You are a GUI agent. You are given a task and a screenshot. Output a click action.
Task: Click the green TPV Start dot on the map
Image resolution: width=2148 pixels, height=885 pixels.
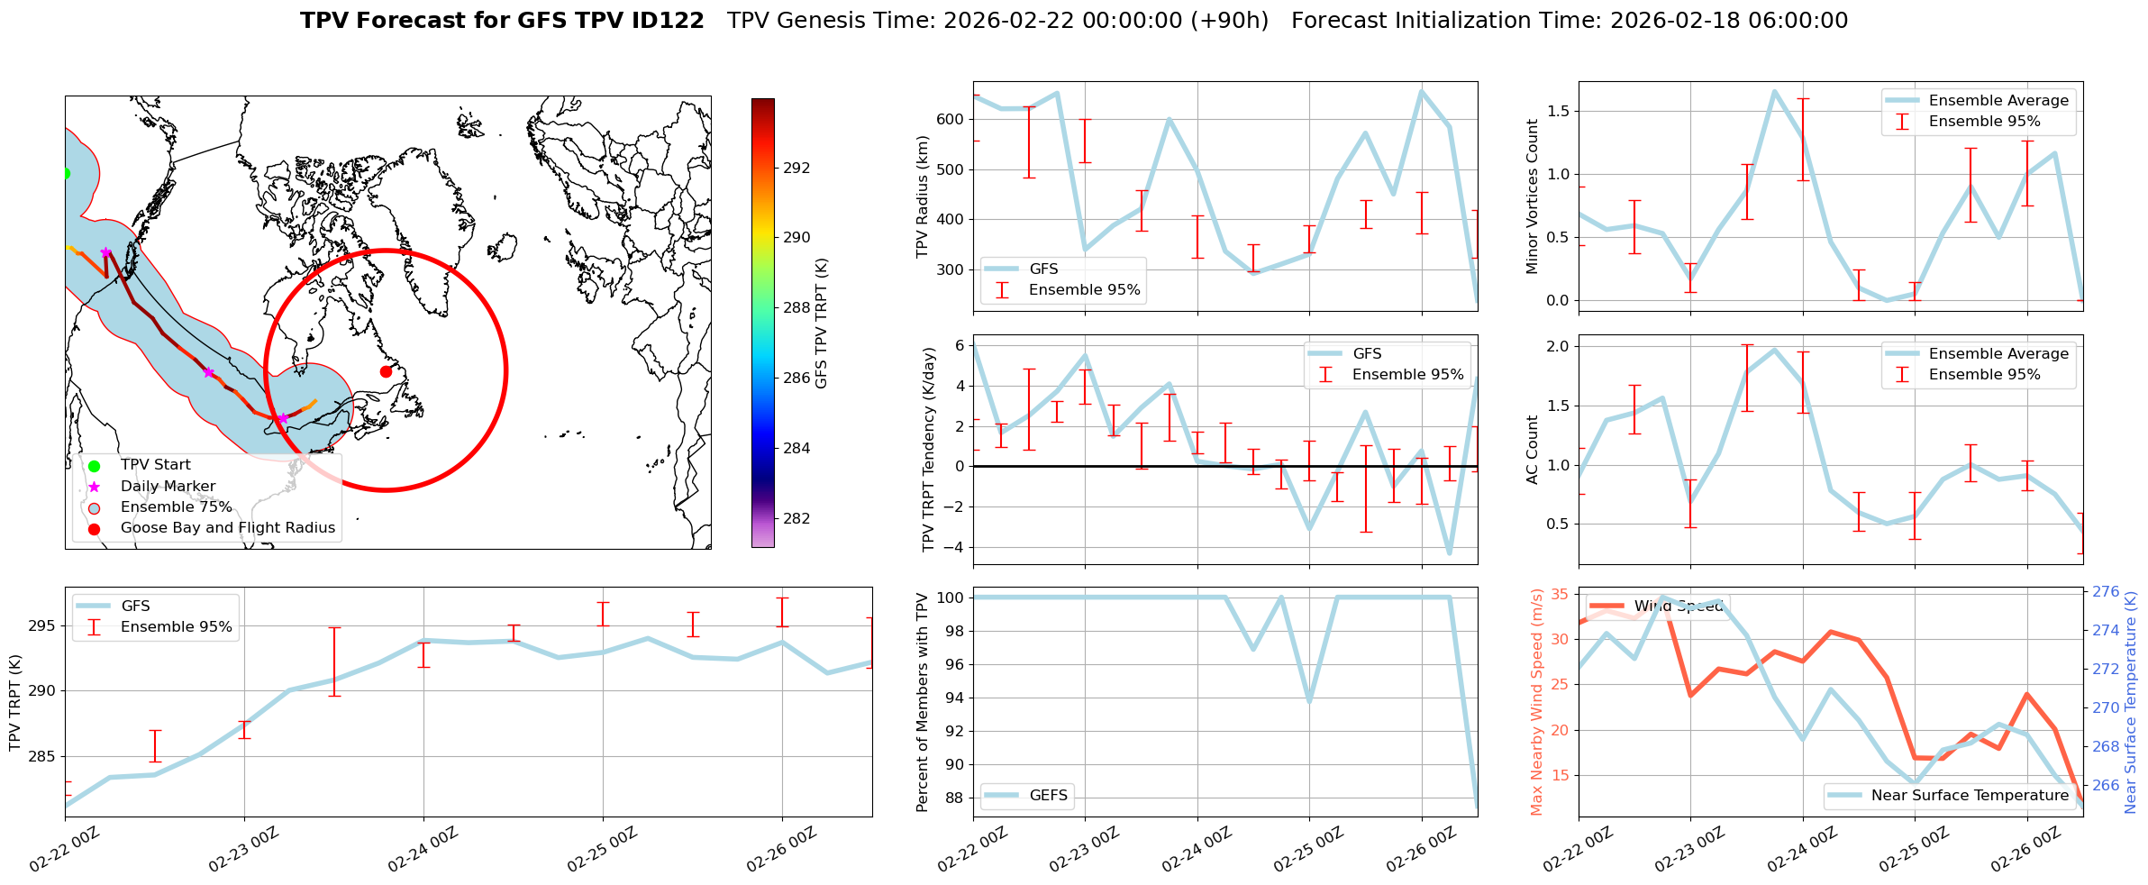pyautogui.click(x=66, y=173)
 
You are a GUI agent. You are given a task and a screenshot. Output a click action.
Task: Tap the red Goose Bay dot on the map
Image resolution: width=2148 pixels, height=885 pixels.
pyautogui.click(x=386, y=371)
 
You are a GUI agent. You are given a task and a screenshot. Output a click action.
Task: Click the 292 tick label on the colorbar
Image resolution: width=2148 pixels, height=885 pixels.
pyautogui.click(x=796, y=168)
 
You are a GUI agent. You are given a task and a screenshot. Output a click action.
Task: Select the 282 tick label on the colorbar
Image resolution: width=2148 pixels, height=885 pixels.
pyautogui.click(x=796, y=518)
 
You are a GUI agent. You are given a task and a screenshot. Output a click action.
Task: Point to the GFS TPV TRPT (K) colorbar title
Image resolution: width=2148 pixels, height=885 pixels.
pyautogui.click(x=821, y=323)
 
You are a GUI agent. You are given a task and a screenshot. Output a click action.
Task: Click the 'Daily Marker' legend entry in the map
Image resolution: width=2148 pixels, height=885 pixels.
pyautogui.click(x=168, y=486)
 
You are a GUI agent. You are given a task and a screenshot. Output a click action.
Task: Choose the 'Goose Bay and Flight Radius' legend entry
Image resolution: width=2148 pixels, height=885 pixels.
pyautogui.click(x=227, y=527)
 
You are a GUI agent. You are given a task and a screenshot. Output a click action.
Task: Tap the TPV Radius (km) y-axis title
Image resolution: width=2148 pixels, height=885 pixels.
pyautogui.click(x=922, y=196)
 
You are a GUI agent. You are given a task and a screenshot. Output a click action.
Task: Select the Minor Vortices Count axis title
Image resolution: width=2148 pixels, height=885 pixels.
pyautogui.click(x=1533, y=196)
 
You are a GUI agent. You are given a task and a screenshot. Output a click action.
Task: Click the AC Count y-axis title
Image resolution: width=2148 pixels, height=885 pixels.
pyautogui.click(x=1533, y=450)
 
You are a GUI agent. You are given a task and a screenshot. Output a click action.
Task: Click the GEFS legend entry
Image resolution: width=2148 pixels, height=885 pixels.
pyautogui.click(x=1048, y=795)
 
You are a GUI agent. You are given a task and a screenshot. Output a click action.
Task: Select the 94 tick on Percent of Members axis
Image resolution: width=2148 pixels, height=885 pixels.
pyautogui.click(x=953, y=698)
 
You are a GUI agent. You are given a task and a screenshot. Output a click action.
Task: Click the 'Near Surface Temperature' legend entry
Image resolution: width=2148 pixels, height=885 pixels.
pyautogui.click(x=1970, y=795)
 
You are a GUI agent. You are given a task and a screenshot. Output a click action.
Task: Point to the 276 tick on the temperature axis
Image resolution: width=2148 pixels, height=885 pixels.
pyautogui.click(x=2106, y=591)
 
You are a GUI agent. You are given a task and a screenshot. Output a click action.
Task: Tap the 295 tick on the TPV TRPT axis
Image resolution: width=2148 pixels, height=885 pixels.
pyautogui.click(x=41, y=625)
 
